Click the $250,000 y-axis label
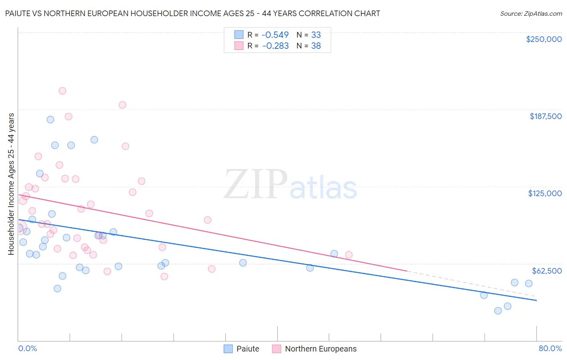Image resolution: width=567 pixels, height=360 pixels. pyautogui.click(x=544, y=39)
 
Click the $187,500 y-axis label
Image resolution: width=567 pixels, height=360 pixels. pyautogui.click(x=546, y=116)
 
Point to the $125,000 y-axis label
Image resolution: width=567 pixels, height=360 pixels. pyautogui.click(x=545, y=193)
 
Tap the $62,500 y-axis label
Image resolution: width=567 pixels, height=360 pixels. pyautogui.click(x=547, y=271)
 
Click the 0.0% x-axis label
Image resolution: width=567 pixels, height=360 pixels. pyautogui.click(x=27, y=348)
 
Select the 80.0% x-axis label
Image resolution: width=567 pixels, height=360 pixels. pyautogui.click(x=550, y=348)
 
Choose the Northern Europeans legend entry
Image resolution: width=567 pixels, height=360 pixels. pyautogui.click(x=315, y=349)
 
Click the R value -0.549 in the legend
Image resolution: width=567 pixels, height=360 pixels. pyautogui.click(x=275, y=35)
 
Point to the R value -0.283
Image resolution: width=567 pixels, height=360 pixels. pyautogui.click(x=275, y=46)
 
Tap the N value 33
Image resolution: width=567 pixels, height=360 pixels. pyautogui.click(x=316, y=35)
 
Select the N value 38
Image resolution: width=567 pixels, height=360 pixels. pyautogui.click(x=316, y=46)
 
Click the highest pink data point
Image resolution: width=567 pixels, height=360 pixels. pyautogui.click(x=63, y=91)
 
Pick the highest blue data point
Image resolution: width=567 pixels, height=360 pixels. pyautogui.click(x=50, y=119)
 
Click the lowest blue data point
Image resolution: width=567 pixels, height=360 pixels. pyautogui.click(x=498, y=311)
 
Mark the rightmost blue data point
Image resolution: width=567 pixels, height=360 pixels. pyautogui.click(x=529, y=283)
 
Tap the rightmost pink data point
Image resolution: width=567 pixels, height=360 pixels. pyautogui.click(x=349, y=255)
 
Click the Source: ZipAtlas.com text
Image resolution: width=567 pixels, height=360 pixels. pyautogui.click(x=531, y=14)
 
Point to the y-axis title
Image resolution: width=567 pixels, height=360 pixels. pyautogui.click(x=11, y=184)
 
